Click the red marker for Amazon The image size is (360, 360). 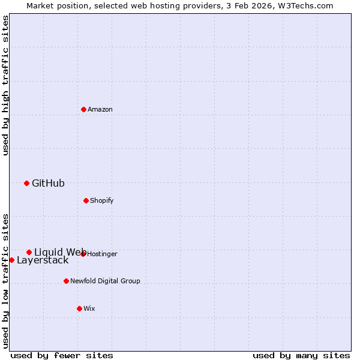point(83,109)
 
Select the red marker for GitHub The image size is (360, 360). point(26,183)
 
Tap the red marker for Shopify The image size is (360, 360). point(86,200)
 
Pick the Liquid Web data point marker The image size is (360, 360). point(29,252)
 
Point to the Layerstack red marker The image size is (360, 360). point(11,260)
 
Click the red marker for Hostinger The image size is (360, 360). point(83,254)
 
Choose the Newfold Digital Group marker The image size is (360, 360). point(66,281)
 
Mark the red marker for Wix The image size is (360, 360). point(79,308)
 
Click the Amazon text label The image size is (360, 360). point(100,109)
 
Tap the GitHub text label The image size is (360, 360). point(48,183)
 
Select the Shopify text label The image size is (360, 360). point(102,200)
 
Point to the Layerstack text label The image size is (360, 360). point(43,260)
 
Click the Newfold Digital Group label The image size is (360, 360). point(105,281)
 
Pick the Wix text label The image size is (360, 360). point(89,308)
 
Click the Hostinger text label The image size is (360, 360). point(102,254)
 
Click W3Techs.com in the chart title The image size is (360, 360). point(305,5)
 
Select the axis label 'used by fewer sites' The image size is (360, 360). point(62,355)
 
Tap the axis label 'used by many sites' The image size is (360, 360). point(301,355)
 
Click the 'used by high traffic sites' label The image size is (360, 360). point(5,85)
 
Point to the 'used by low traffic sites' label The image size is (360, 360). point(5,280)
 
